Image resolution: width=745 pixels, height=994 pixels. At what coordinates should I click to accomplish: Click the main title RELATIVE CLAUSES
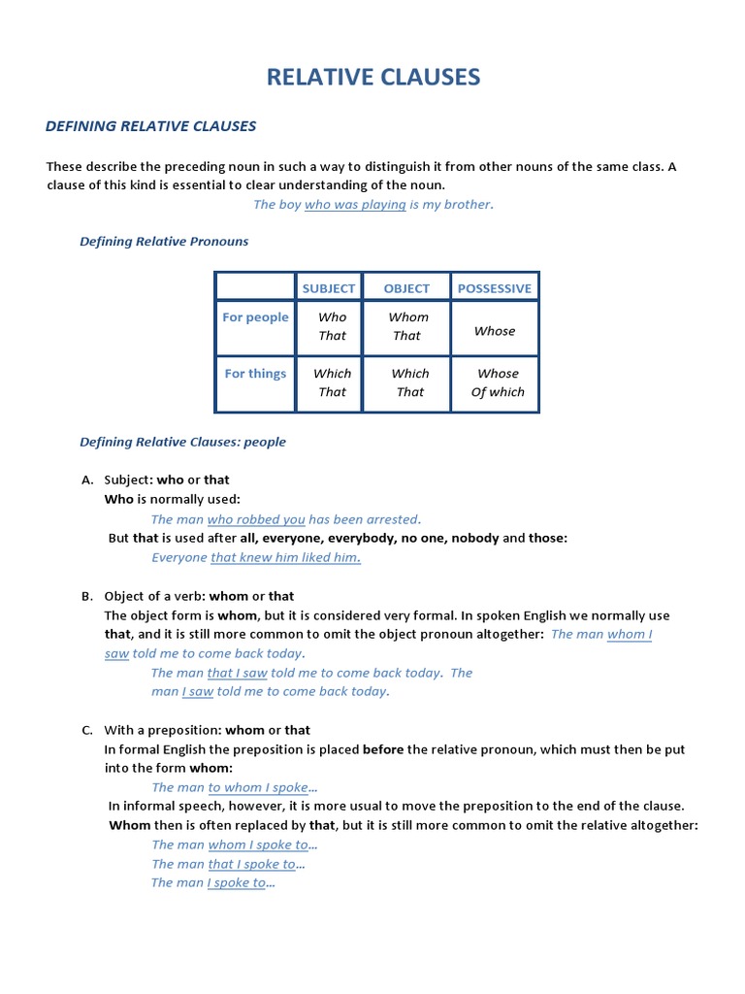click(x=372, y=77)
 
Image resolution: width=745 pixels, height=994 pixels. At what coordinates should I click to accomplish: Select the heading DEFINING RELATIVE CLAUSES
click(x=151, y=126)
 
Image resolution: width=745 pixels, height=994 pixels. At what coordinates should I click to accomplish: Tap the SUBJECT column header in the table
click(x=329, y=288)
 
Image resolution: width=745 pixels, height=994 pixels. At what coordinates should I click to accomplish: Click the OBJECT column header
click(x=406, y=288)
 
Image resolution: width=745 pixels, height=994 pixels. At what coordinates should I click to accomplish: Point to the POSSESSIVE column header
click(x=495, y=288)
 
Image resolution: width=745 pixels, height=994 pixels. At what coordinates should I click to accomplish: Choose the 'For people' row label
click(x=255, y=317)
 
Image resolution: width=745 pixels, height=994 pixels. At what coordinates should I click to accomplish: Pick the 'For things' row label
click(x=255, y=374)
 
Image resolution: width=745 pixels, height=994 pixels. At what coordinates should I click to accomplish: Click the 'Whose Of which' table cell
click(x=498, y=382)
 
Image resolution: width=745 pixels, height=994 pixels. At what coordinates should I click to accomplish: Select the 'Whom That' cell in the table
click(x=407, y=326)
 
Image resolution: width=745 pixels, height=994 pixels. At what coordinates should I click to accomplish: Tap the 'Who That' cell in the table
click(x=332, y=326)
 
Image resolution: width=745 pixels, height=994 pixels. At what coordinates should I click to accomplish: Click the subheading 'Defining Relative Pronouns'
click(x=164, y=242)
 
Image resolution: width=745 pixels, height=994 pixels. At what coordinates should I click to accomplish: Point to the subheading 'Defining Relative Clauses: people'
click(x=182, y=442)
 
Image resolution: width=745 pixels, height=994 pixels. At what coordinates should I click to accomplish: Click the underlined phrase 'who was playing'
click(x=355, y=205)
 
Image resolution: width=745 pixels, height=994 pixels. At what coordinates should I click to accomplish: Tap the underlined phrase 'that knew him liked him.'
click(x=285, y=557)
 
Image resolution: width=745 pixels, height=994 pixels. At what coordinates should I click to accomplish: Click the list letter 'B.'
click(x=87, y=596)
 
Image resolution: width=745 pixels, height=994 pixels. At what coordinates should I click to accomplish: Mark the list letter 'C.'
click(x=87, y=730)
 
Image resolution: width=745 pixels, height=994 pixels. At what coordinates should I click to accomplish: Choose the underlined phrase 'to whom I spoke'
click(x=258, y=787)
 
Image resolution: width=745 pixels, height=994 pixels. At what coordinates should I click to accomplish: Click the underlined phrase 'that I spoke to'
click(x=252, y=864)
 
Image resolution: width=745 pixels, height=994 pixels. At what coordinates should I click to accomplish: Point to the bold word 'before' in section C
click(x=383, y=749)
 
